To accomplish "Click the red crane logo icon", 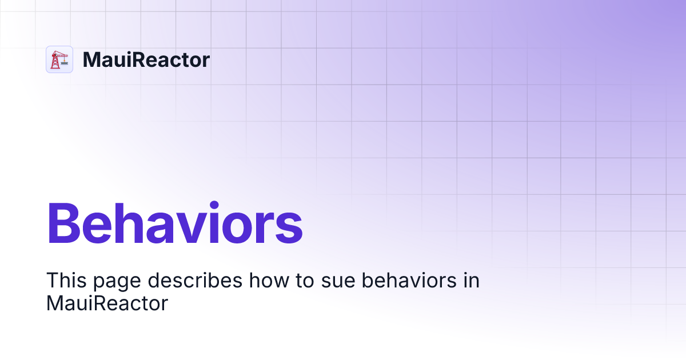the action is point(59,59).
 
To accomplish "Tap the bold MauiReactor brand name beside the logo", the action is point(146,59).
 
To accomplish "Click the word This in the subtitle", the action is point(66,280).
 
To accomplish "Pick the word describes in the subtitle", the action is point(195,280).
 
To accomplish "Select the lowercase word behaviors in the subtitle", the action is point(409,280).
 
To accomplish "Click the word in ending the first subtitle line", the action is point(471,280).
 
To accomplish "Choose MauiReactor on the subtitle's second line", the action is point(107,303).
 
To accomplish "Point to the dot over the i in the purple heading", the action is point(214,205).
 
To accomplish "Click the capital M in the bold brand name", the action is point(91,59).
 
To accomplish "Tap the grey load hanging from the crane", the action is point(64,63).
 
